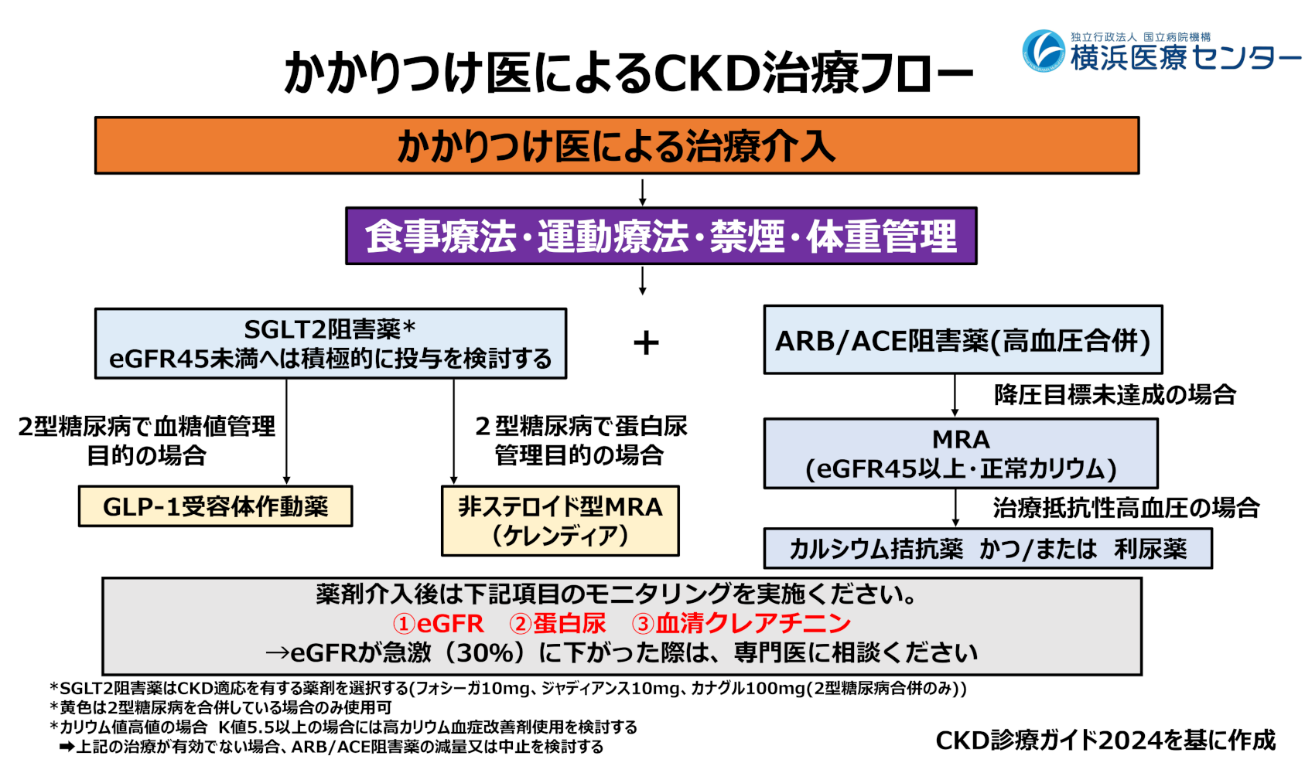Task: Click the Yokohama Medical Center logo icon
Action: point(1044,51)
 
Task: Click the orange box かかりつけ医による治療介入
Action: point(617,145)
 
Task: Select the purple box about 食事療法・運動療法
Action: point(661,236)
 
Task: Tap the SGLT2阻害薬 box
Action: point(330,343)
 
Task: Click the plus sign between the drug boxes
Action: point(646,342)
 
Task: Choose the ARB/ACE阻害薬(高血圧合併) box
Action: point(962,340)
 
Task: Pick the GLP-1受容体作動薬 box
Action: point(215,506)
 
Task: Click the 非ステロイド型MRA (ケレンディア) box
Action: point(560,520)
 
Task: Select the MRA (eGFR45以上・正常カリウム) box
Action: point(961,453)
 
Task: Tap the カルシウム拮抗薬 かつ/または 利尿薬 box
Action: point(987,548)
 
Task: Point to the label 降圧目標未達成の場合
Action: point(1115,395)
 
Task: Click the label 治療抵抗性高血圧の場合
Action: point(1126,508)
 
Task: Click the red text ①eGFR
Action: point(438,623)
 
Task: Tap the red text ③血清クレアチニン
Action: point(741,623)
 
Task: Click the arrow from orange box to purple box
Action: point(642,191)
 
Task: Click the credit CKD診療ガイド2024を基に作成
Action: point(1105,740)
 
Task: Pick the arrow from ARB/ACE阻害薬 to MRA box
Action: point(955,396)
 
